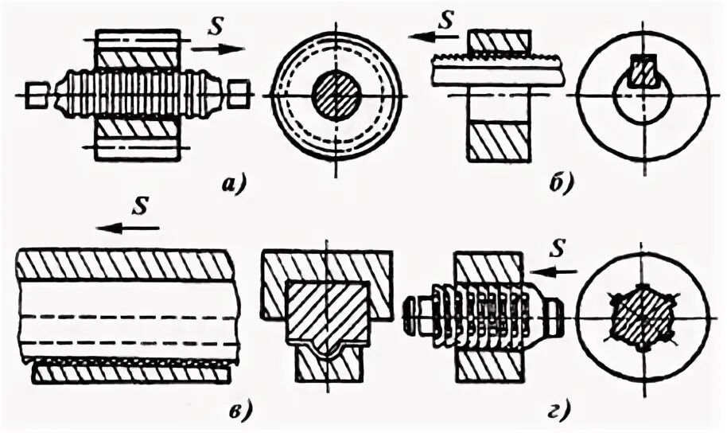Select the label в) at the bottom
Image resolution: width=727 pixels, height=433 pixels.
tap(240, 411)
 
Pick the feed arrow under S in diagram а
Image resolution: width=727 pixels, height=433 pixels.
tap(217, 49)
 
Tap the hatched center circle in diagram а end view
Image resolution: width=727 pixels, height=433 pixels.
tap(336, 96)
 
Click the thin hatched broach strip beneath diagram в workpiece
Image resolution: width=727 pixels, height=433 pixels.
tap(131, 371)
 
